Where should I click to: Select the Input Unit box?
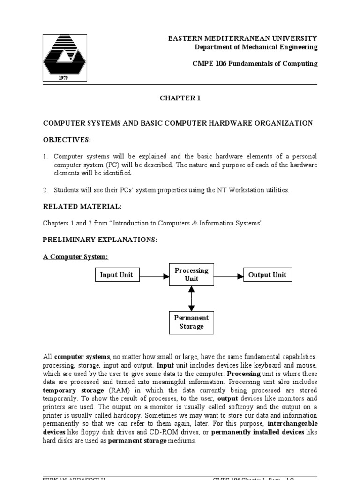(x=117, y=275)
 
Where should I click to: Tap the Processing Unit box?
(x=191, y=275)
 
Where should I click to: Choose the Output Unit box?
(x=267, y=275)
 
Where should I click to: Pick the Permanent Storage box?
(x=191, y=322)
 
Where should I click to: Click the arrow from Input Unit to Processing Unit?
(x=154, y=276)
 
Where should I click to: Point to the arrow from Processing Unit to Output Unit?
(x=229, y=276)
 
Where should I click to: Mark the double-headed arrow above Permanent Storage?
(x=191, y=299)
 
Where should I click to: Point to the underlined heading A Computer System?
(x=75, y=257)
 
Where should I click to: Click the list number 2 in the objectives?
(x=45, y=190)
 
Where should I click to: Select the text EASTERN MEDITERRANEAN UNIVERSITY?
(x=243, y=38)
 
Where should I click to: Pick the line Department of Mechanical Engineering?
(x=256, y=47)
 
